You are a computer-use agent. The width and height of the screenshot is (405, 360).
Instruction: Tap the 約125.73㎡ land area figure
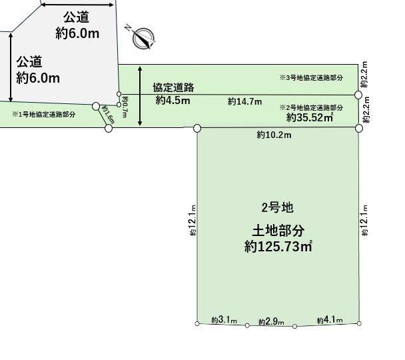click(x=278, y=247)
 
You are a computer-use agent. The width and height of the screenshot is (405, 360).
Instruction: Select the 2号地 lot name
click(x=277, y=208)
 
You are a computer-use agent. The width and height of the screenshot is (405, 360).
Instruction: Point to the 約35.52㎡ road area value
click(x=310, y=117)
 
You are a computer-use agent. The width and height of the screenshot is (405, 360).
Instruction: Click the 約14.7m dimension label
click(x=244, y=101)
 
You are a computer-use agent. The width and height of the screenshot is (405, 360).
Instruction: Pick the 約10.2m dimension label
click(x=274, y=135)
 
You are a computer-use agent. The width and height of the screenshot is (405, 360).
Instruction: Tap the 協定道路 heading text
click(x=173, y=87)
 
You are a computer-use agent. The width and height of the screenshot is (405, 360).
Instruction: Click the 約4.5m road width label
click(x=173, y=100)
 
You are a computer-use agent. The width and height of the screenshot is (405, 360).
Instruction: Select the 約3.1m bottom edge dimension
click(x=224, y=320)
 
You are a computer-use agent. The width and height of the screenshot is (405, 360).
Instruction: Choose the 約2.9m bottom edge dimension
click(x=271, y=322)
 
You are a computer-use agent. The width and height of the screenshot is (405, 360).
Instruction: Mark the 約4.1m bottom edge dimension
click(x=330, y=320)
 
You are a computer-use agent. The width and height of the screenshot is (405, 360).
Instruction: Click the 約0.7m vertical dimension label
click(x=125, y=107)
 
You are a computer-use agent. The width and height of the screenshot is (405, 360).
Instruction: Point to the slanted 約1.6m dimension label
click(x=108, y=115)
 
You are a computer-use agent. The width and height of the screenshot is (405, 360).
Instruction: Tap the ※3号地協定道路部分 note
click(x=311, y=77)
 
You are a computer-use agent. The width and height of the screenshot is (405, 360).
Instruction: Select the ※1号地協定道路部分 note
click(x=44, y=114)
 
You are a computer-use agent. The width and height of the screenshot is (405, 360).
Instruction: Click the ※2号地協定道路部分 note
click(x=311, y=107)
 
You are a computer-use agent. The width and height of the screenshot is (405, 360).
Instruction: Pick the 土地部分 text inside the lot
click(x=278, y=231)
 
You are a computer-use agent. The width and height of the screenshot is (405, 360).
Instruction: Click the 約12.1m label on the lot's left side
click(x=193, y=220)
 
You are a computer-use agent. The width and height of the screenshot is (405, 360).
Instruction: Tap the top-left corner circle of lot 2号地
click(x=197, y=128)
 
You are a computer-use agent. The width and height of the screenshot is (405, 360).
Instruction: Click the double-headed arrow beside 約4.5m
click(x=140, y=96)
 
